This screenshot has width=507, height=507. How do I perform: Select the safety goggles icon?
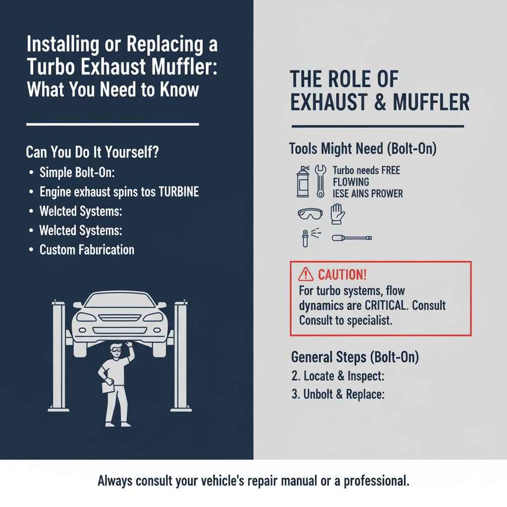(310, 214)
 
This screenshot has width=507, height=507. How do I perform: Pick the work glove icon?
(337, 214)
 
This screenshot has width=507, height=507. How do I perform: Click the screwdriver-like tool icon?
(352, 238)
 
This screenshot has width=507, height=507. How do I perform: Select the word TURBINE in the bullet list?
(178, 192)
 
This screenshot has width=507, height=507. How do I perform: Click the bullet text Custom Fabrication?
(87, 249)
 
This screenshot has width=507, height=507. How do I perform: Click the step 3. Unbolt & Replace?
(338, 395)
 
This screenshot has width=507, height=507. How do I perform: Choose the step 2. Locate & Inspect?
(338, 376)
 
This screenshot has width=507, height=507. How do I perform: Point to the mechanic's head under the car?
(114, 350)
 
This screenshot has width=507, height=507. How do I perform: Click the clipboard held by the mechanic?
(106, 385)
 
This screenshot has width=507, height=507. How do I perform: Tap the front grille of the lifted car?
(118, 316)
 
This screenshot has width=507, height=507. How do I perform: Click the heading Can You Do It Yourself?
(92, 152)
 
